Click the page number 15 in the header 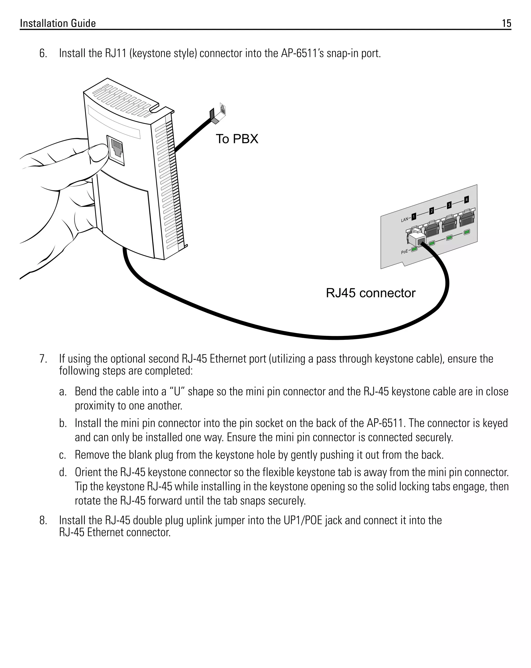coord(506,23)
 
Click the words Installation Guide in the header coord(58,23)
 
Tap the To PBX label coord(237,139)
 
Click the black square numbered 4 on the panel coord(466,199)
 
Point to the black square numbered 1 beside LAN coord(414,216)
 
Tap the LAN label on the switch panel coord(404,220)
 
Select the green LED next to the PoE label coord(414,249)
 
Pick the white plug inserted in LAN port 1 coord(417,239)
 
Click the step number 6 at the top coord(43,54)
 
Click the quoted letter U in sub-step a coord(177,391)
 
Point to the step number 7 coord(43,359)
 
